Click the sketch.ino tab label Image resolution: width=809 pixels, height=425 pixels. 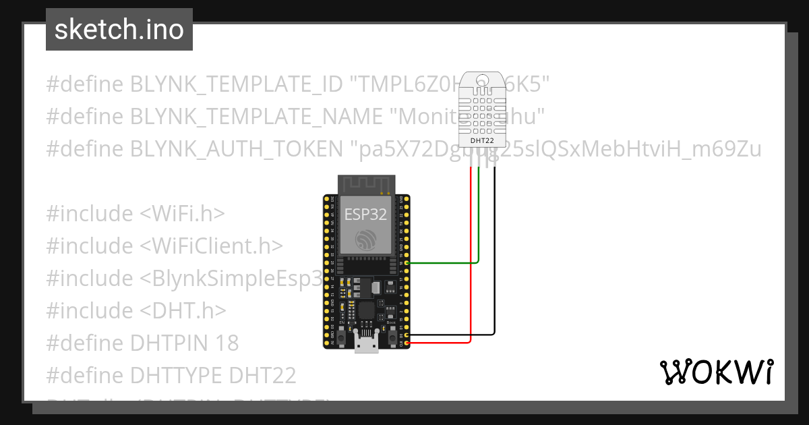point(119,30)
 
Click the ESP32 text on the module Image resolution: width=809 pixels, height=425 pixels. point(365,214)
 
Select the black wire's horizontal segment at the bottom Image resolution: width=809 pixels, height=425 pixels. point(452,334)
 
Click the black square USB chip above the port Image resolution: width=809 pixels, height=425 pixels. point(366,310)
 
